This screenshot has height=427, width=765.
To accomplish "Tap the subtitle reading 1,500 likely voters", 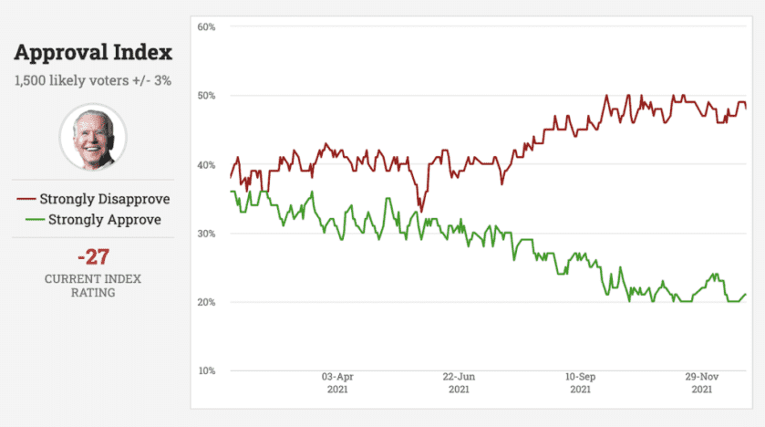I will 93,80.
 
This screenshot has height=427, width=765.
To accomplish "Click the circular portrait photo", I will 93,137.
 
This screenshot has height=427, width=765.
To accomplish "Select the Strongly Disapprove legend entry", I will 93,199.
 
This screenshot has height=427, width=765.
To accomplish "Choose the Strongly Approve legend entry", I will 93,219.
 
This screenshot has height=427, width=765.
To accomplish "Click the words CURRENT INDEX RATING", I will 93,286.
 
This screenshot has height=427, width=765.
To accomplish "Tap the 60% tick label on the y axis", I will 206,26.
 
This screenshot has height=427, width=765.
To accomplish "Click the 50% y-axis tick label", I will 206,96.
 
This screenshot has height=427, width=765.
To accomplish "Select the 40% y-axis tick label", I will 206,164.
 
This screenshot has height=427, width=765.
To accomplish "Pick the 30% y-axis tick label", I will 206,234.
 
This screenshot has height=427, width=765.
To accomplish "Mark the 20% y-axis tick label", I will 206,302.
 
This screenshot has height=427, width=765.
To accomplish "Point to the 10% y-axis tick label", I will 206,371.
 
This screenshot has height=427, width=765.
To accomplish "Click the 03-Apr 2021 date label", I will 337,382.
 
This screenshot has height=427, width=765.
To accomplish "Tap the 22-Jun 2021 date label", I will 459,382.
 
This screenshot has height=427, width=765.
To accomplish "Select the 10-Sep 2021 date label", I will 581,382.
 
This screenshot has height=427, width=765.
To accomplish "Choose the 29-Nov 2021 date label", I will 702,382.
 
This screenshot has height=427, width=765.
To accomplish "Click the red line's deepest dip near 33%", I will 420,210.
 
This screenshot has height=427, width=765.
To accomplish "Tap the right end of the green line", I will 746,294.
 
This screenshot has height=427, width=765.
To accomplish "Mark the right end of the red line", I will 746,108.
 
